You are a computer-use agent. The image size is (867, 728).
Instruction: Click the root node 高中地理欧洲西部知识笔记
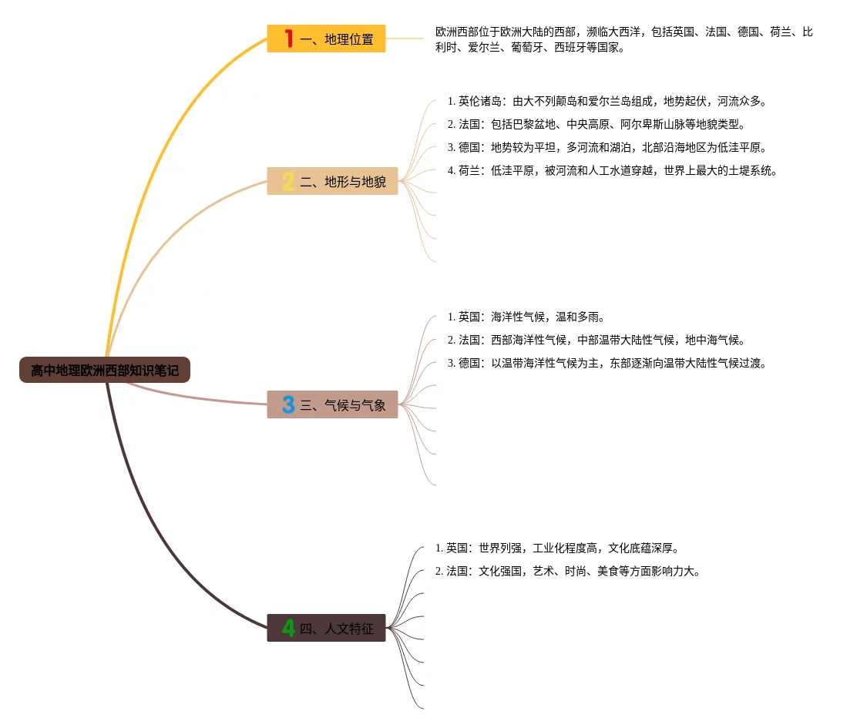point(105,371)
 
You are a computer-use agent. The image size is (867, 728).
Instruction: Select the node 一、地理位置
point(326,39)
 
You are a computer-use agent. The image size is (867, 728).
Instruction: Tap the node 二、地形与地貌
point(332,182)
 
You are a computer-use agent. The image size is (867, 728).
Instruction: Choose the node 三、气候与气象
point(332,404)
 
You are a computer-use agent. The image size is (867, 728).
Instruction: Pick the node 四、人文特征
point(326,629)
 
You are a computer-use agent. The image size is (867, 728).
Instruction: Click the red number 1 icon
point(289,39)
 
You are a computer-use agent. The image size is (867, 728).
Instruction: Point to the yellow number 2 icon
point(288,182)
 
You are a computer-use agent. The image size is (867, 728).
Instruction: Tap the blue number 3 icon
point(288,404)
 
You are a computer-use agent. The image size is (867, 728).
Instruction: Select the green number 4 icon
point(288,629)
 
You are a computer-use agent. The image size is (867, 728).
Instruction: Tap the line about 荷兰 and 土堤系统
point(612,170)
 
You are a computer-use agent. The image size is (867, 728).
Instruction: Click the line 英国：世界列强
point(556,549)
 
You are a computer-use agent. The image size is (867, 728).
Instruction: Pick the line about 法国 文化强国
point(568,572)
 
